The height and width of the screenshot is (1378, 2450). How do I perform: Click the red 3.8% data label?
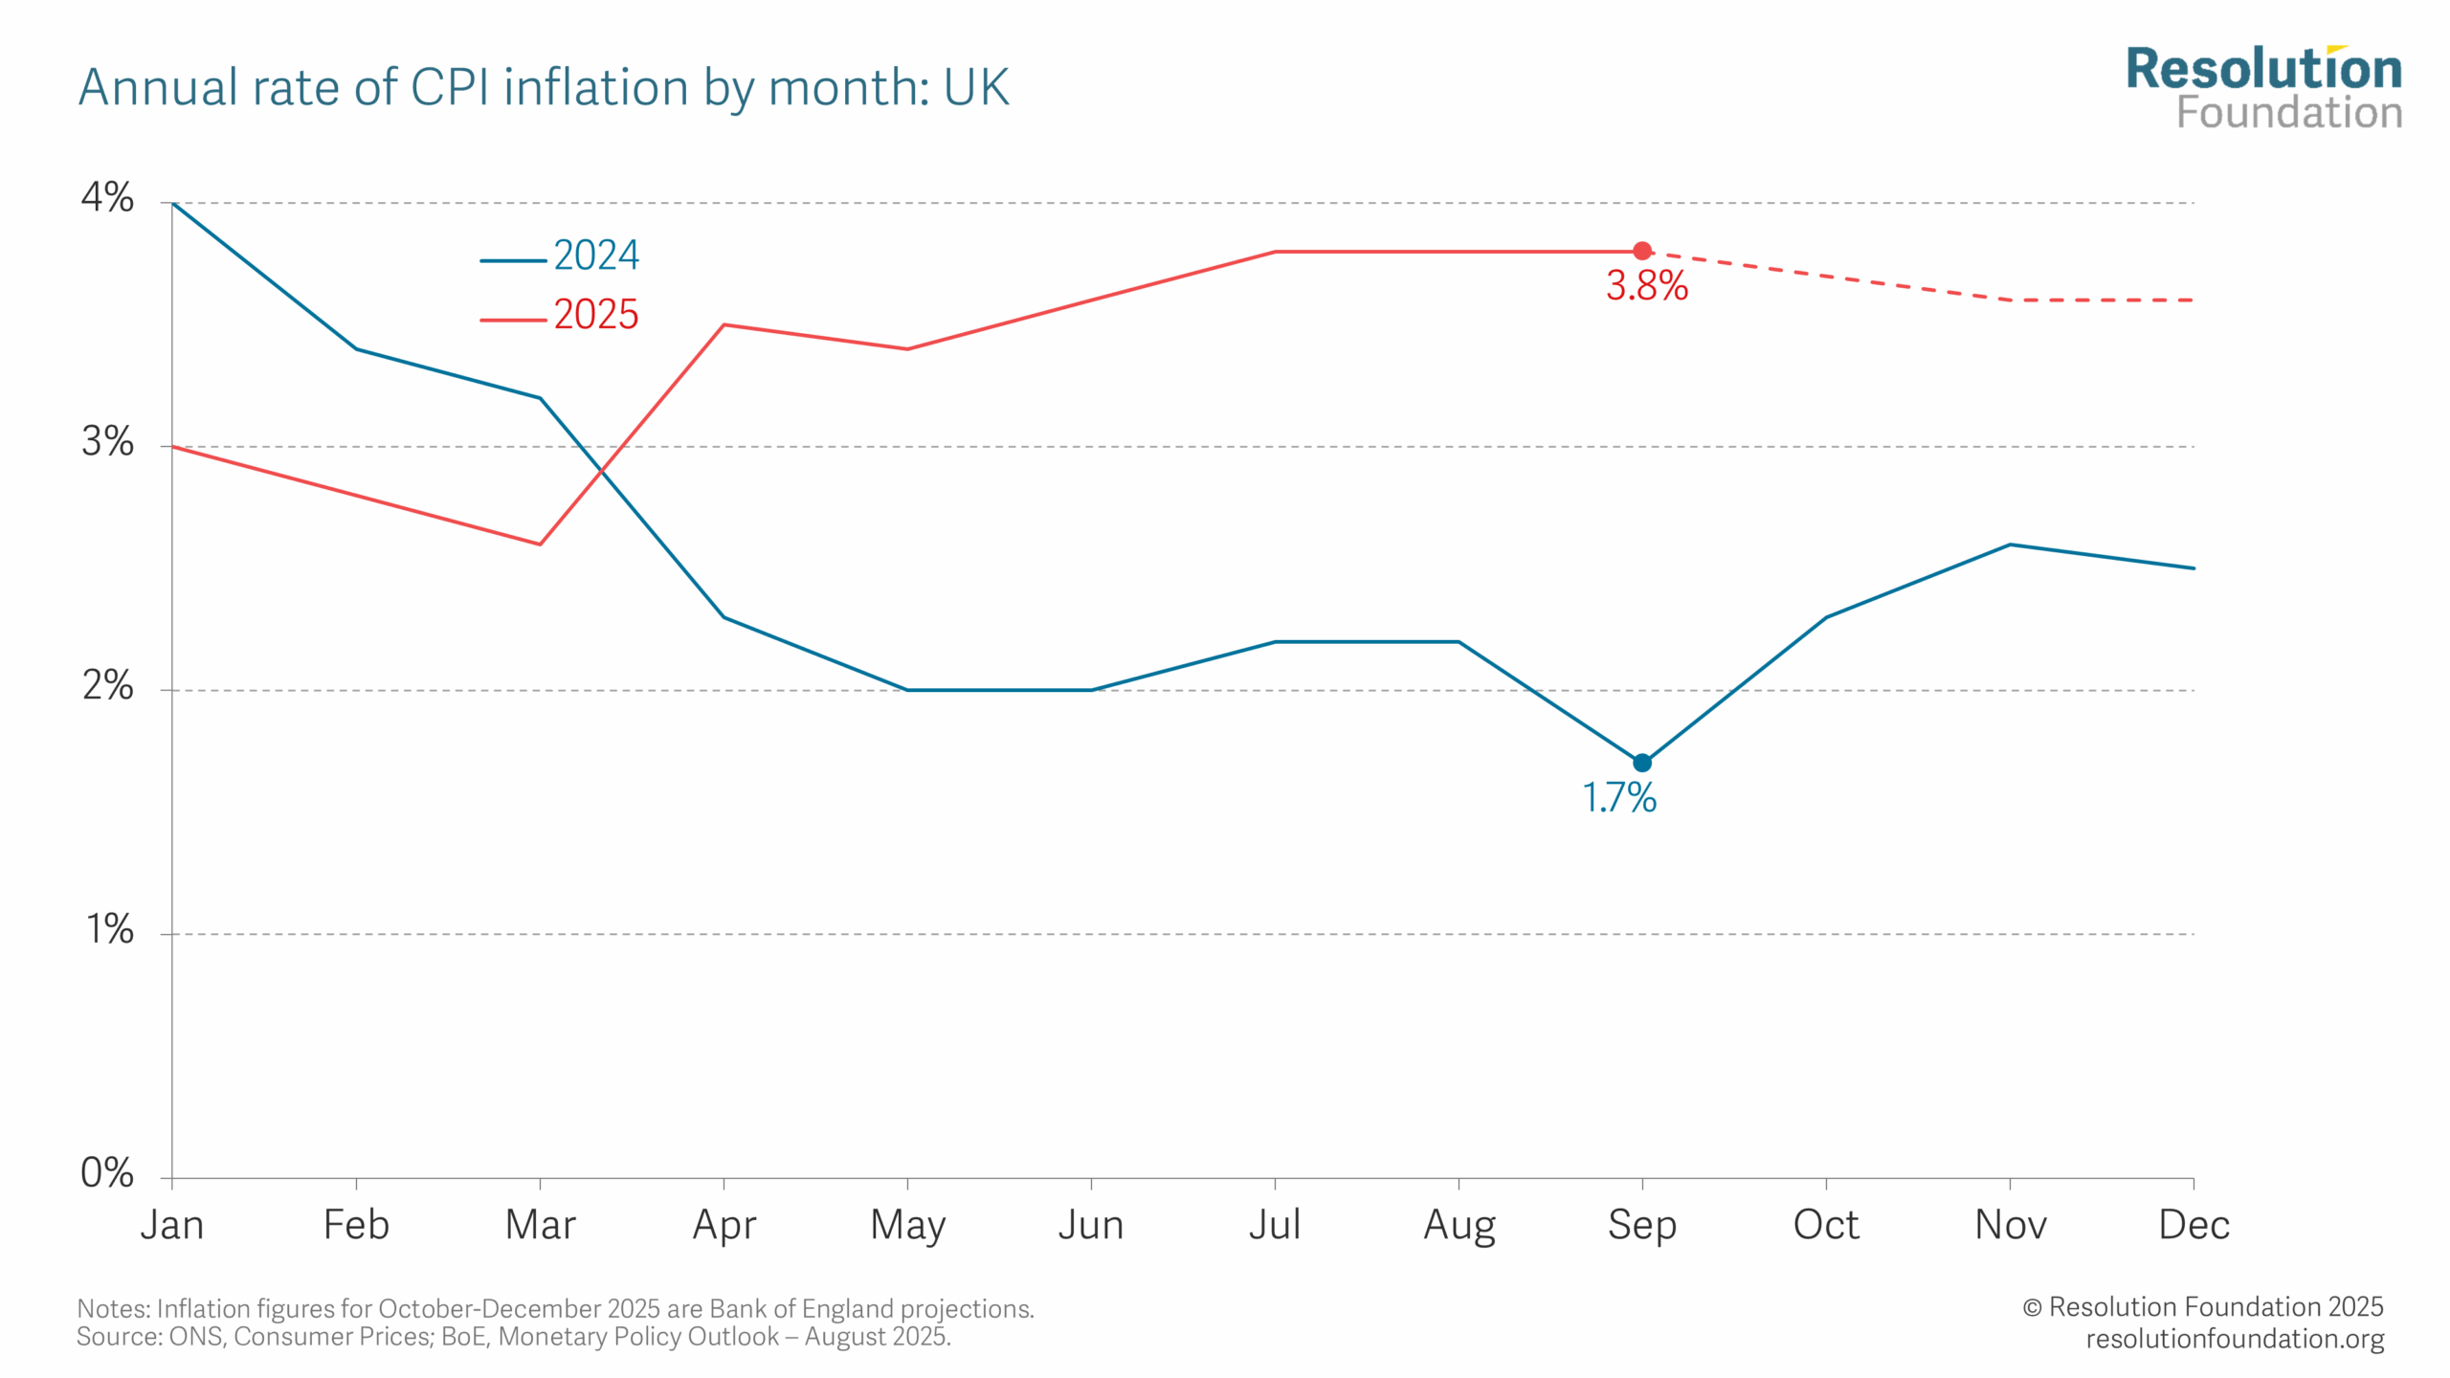tap(1646, 285)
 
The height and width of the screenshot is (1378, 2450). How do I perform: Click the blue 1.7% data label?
tap(1619, 797)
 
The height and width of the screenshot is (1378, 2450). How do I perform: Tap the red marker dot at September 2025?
tap(1642, 251)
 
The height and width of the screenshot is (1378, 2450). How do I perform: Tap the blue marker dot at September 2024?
tap(1642, 763)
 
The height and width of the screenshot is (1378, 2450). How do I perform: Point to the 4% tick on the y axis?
tap(107, 198)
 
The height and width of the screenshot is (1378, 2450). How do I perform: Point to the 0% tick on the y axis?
tap(107, 1172)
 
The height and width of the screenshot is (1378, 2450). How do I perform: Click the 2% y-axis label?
tap(107, 685)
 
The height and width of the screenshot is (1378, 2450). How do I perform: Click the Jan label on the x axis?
tap(172, 1225)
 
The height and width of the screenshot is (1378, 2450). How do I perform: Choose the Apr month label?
tap(724, 1225)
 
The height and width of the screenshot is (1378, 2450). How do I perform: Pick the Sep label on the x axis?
tap(1642, 1225)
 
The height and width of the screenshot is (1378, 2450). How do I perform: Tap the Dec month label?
tap(2194, 1225)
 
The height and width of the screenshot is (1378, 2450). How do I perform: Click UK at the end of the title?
tap(976, 88)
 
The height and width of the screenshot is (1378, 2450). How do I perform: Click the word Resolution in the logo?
tap(2263, 70)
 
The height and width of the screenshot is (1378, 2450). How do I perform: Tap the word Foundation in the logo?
tap(2289, 113)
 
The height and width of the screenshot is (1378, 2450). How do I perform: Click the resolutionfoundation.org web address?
tap(2235, 1338)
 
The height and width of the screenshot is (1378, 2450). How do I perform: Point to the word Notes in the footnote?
tap(113, 1308)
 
